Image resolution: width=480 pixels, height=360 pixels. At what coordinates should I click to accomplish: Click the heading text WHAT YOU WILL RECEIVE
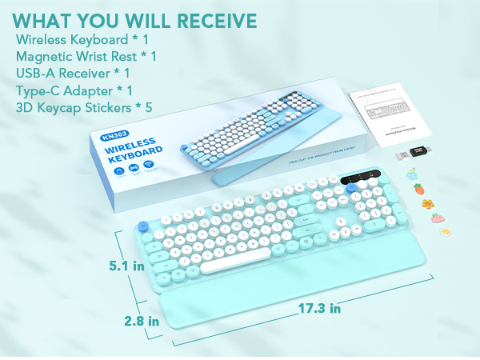tap(135, 20)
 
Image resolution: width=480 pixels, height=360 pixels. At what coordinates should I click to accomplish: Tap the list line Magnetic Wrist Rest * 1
tap(86, 56)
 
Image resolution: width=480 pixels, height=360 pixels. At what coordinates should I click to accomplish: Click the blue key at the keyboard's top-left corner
tap(144, 227)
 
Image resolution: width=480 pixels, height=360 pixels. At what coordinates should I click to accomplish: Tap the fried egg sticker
tap(439, 231)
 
